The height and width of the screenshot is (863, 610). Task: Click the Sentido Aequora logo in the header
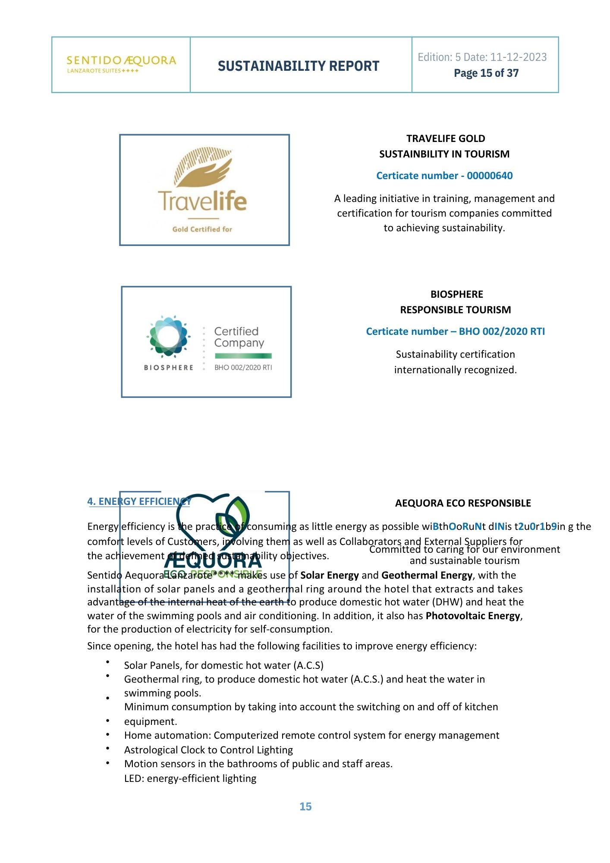[x=121, y=64]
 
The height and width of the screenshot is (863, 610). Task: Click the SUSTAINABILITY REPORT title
[x=298, y=66]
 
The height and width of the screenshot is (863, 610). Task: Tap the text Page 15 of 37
[x=486, y=73]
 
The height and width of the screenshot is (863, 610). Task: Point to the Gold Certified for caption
[x=202, y=229]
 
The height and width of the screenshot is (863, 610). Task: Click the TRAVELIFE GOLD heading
[x=445, y=139]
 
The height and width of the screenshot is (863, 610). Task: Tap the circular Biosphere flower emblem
[x=168, y=337]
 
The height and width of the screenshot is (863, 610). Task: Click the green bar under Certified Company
[x=243, y=356]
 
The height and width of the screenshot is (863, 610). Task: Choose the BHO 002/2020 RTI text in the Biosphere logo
[x=243, y=368]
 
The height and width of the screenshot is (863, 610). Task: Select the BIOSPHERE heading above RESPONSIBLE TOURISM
[x=456, y=294]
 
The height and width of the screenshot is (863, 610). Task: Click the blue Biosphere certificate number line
[x=455, y=331]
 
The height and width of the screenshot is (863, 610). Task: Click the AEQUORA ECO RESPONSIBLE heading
[x=463, y=503]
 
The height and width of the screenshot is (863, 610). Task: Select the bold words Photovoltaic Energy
[x=473, y=616]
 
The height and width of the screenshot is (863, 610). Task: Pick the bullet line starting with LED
[x=190, y=778]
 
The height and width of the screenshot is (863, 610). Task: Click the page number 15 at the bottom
[x=305, y=806]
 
